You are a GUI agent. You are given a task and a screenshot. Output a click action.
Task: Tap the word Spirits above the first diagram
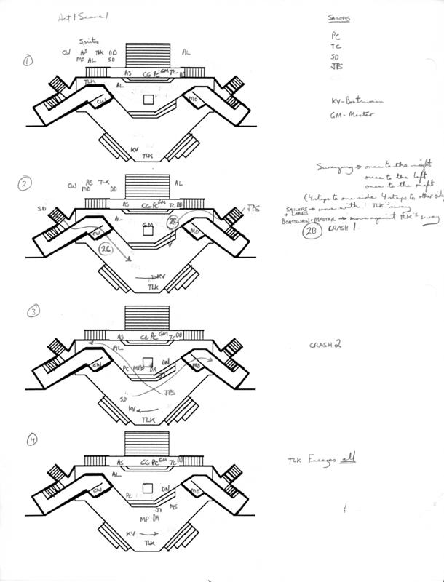point(92,43)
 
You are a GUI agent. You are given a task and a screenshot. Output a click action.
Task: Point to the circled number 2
point(25,186)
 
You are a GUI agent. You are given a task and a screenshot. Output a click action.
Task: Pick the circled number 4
point(31,439)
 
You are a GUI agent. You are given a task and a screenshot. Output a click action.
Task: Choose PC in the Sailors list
point(336,33)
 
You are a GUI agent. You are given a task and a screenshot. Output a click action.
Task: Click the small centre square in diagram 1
point(148,100)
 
